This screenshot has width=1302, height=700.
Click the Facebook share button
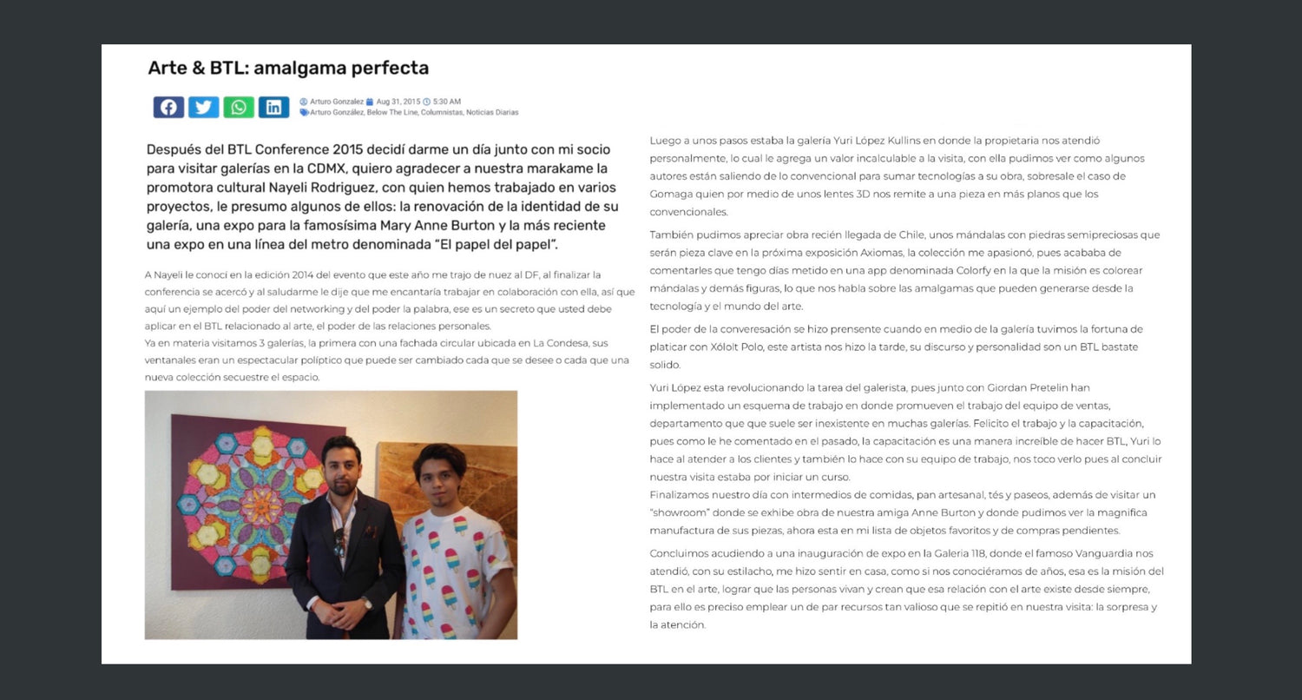pyautogui.click(x=168, y=107)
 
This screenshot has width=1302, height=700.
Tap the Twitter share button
pyautogui.click(x=203, y=107)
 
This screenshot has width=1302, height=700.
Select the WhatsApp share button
pyautogui.click(x=239, y=107)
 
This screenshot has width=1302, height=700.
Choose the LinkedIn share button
pyautogui.click(x=273, y=107)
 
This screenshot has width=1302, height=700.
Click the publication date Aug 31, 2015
pyautogui.click(x=398, y=102)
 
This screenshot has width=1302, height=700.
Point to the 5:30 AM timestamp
pyautogui.click(x=446, y=102)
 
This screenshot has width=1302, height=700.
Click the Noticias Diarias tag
pyautogui.click(x=492, y=112)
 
